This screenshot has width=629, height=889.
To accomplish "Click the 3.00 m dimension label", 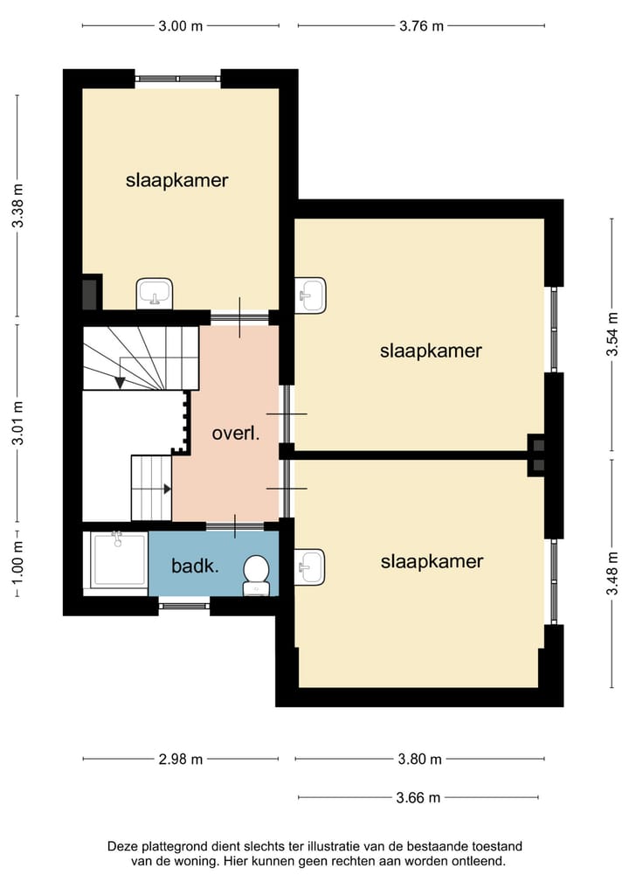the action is click(x=180, y=26).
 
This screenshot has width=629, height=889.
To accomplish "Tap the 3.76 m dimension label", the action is click(x=421, y=26).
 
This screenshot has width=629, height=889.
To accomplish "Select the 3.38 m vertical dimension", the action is click(x=18, y=205).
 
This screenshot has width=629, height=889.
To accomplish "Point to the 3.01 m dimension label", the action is click(x=18, y=423).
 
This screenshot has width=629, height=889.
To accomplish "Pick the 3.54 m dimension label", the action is click(x=612, y=335).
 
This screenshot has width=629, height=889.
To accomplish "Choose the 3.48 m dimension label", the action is click(x=612, y=573).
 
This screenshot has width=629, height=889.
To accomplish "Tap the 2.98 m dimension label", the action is click(x=180, y=759).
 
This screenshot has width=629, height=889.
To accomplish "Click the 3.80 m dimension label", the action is click(x=419, y=759).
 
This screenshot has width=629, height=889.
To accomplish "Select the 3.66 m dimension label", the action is click(x=418, y=798).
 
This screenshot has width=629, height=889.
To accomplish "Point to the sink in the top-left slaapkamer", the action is click(x=154, y=293).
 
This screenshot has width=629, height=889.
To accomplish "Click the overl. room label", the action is click(x=236, y=434).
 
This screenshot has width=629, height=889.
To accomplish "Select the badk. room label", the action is click(x=195, y=566).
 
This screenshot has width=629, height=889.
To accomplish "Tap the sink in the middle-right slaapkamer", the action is click(x=310, y=295).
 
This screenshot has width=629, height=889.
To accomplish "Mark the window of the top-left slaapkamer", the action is click(x=177, y=79).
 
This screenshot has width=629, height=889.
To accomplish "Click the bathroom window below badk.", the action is click(x=184, y=606).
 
